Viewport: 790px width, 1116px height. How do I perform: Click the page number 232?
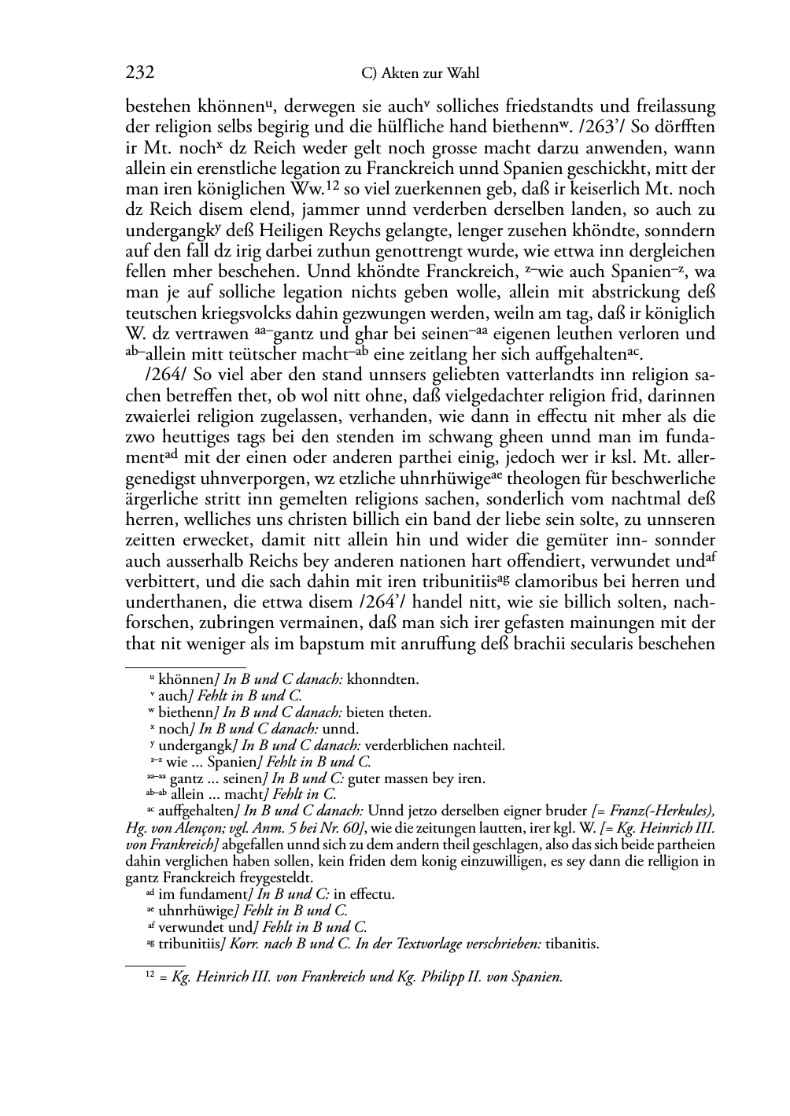[140, 73]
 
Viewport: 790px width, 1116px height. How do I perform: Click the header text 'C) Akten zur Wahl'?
[419, 74]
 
